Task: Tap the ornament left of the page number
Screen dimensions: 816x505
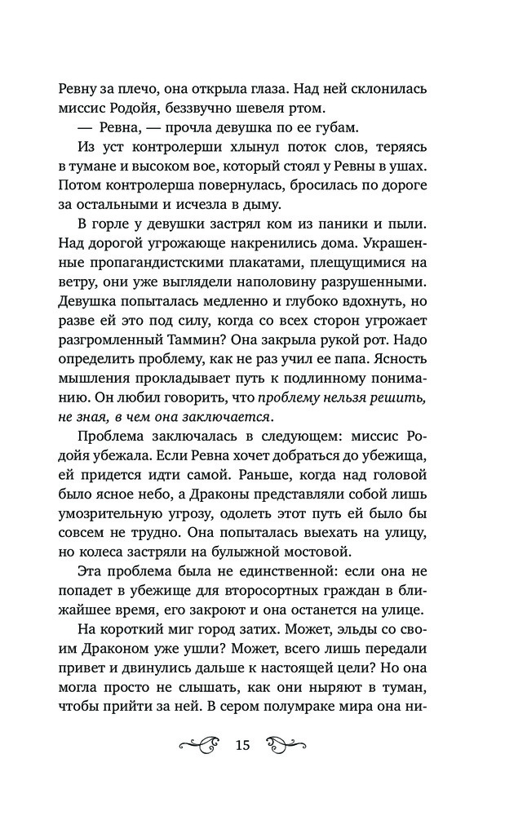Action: click(198, 744)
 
